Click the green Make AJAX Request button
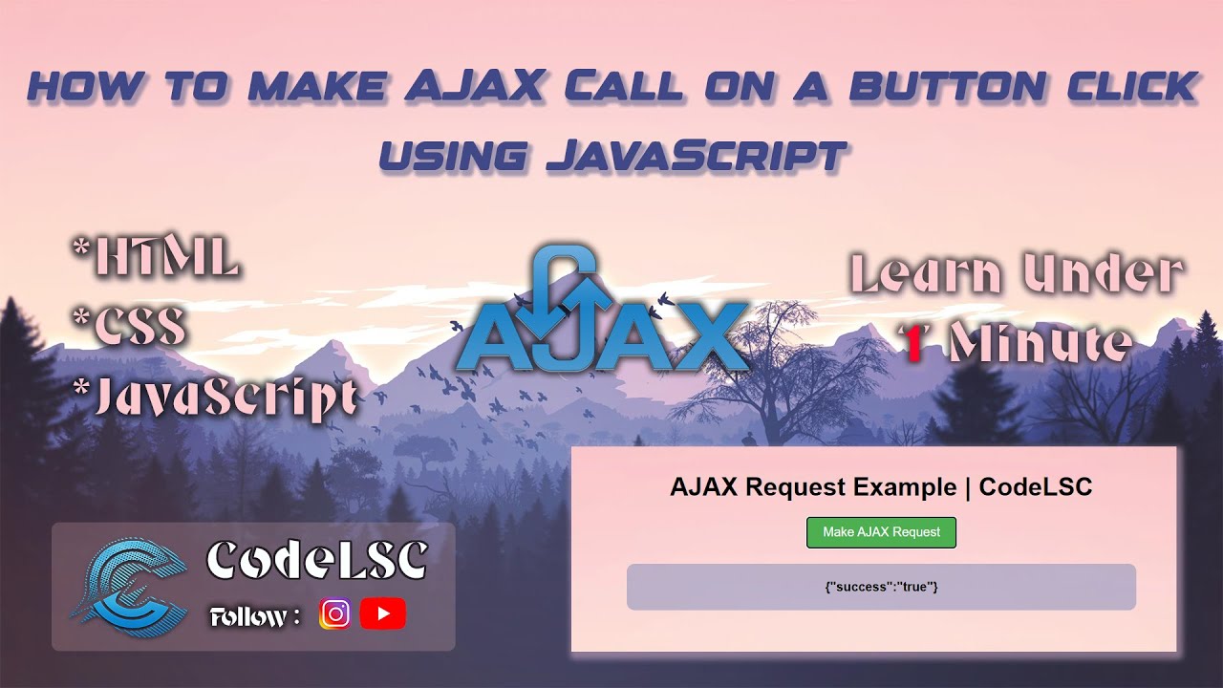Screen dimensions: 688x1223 click(881, 532)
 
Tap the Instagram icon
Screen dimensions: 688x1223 click(334, 613)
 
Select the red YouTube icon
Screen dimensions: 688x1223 click(383, 613)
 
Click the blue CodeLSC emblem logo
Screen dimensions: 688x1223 click(128, 586)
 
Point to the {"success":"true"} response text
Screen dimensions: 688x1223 click(881, 587)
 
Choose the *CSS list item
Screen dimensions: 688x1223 click(129, 328)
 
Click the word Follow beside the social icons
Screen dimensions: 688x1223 click(248, 617)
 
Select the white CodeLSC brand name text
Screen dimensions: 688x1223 click(316, 561)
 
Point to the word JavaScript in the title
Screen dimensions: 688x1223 click(697, 155)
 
